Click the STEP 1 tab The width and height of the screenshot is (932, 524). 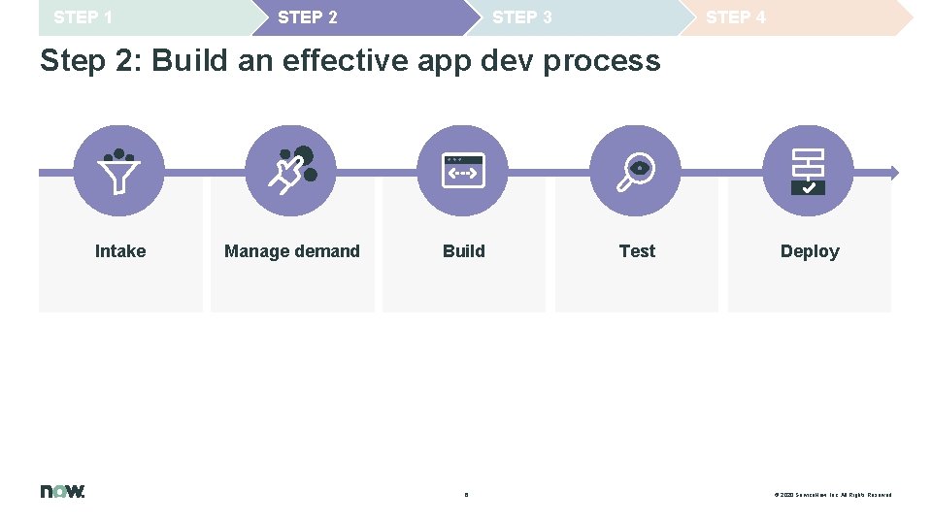[83, 17]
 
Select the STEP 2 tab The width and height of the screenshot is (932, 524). [308, 17]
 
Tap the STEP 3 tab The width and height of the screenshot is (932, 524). [522, 17]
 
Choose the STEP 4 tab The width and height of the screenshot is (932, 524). [736, 17]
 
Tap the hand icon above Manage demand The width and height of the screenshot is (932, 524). [291, 171]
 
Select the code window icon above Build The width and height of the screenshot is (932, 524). [463, 171]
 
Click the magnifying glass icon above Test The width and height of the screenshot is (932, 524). [636, 171]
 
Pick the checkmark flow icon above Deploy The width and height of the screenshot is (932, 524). [808, 171]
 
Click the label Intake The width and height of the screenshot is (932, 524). [120, 251]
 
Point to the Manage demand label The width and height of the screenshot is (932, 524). [292, 251]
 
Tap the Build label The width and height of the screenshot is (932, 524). [464, 251]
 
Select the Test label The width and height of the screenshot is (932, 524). [637, 251]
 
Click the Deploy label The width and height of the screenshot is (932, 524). [810, 251]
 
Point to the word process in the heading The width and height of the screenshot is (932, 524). [602, 61]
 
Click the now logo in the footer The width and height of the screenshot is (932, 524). [63, 491]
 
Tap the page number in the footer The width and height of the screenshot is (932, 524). [466, 495]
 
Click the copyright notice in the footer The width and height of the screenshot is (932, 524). [832, 495]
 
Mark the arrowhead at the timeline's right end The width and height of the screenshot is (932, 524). [894, 173]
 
